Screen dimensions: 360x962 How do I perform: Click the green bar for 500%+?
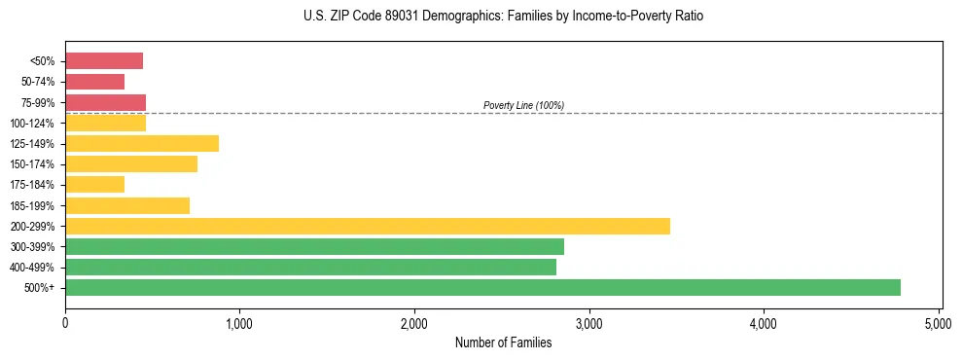point(482,287)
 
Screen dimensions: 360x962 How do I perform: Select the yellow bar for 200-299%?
point(368,226)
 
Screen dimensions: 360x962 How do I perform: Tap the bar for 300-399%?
point(314,246)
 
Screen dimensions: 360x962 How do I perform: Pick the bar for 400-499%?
point(310,267)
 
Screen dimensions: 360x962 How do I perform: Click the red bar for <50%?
point(104,61)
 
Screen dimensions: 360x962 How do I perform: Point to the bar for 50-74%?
point(94,82)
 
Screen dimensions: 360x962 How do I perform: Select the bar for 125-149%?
point(142,143)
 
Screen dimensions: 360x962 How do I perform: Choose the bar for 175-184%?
point(94,184)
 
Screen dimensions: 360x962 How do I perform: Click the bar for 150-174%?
point(131,163)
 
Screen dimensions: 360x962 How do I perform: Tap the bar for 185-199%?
point(127,205)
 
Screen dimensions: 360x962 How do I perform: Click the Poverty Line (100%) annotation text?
point(523,105)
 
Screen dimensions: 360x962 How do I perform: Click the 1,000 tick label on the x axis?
point(239,322)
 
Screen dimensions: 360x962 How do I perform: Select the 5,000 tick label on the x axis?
point(939,322)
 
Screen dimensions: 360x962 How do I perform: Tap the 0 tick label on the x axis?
point(65,322)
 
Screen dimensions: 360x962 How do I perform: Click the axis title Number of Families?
point(503,342)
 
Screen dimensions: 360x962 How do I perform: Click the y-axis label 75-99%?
point(38,102)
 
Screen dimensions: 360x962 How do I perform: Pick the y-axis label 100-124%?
point(35,123)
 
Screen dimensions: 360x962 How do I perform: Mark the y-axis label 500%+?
point(41,287)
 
